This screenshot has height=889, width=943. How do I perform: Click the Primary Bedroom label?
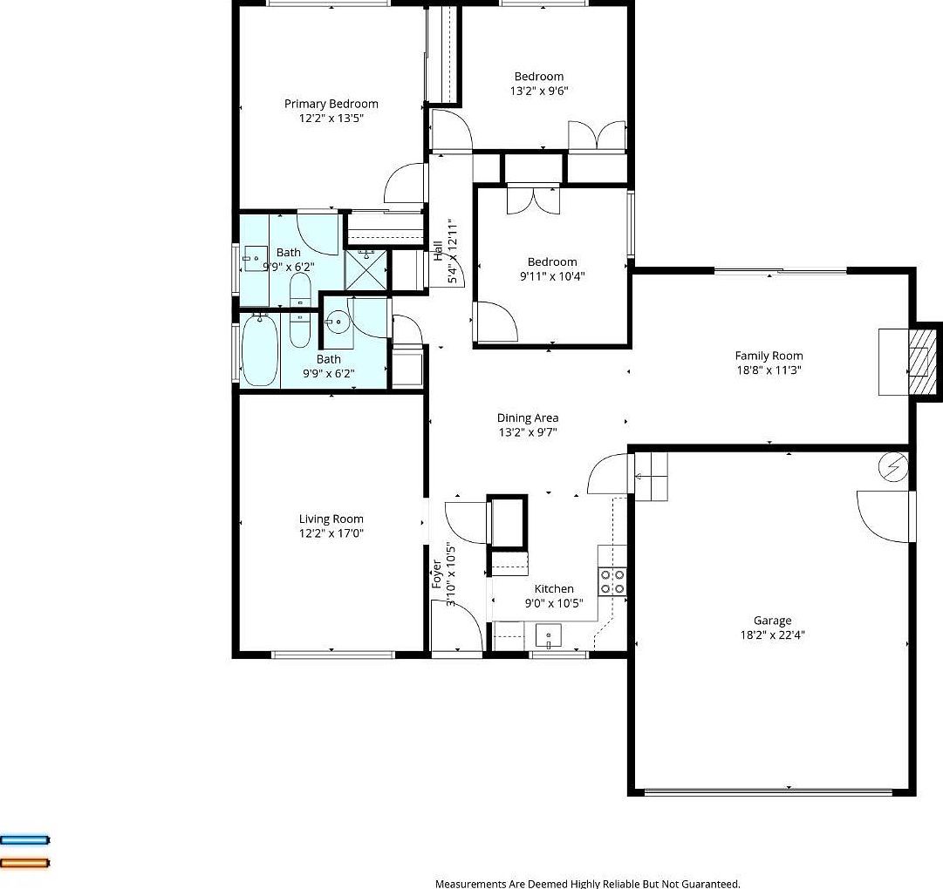click(331, 104)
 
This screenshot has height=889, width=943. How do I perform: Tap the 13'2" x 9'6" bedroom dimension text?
click(539, 91)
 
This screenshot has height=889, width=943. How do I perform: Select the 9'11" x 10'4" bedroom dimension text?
click(551, 276)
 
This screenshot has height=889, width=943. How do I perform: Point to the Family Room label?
click(769, 356)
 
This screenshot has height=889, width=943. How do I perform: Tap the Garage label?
click(772, 621)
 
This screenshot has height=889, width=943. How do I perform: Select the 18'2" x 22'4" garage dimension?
click(772, 635)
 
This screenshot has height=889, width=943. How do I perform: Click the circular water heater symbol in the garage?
click(893, 468)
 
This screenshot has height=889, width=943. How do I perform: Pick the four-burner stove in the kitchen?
click(612, 581)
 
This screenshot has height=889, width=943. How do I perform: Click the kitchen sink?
click(549, 636)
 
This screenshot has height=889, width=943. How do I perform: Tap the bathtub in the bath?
click(259, 351)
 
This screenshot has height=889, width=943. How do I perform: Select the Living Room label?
click(331, 519)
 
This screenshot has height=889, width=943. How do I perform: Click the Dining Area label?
click(528, 418)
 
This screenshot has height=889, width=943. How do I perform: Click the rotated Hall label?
click(438, 251)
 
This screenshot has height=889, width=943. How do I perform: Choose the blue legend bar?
click(25, 840)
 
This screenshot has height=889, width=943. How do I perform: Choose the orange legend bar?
click(25, 863)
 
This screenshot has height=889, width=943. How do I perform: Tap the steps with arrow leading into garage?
click(650, 475)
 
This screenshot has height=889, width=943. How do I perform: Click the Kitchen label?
click(554, 589)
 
